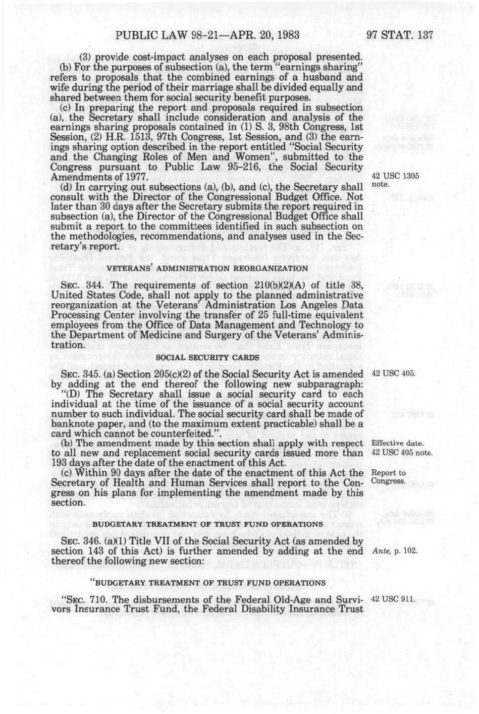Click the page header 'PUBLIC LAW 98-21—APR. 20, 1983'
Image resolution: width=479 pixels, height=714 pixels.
point(201,35)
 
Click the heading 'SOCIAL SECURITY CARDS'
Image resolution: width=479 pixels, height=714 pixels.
point(207,358)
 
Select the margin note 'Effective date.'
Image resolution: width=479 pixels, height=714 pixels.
point(397,444)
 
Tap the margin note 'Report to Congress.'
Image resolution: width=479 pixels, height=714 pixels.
point(389,477)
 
